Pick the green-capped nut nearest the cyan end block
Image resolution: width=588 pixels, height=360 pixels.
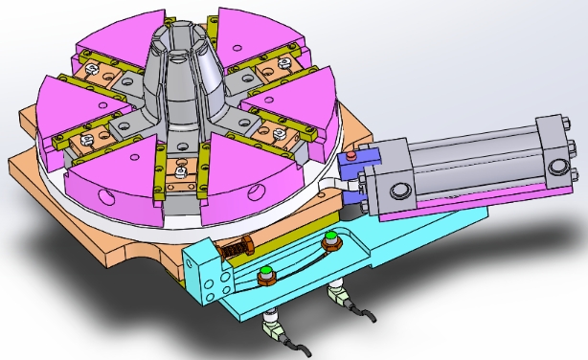(x=267, y=275)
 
